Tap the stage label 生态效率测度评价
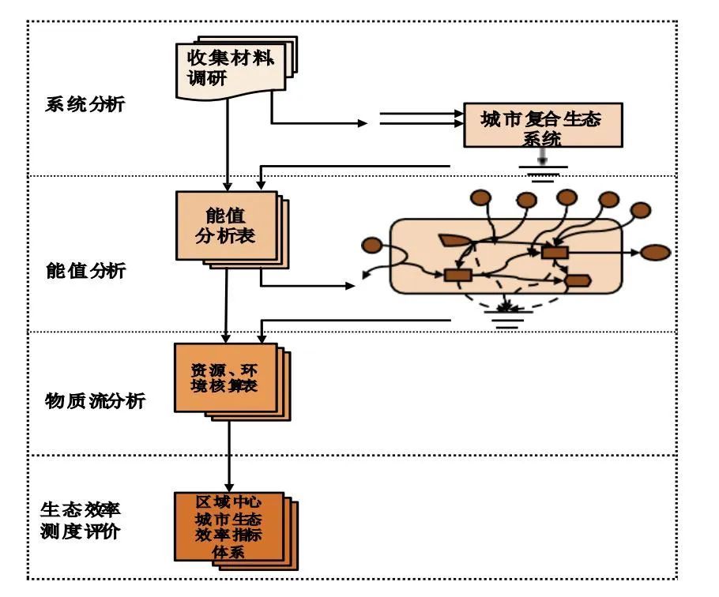coord(79,518)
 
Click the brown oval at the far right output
coord(655,253)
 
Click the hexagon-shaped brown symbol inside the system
coord(578,280)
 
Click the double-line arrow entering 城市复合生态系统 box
coord(419,118)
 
